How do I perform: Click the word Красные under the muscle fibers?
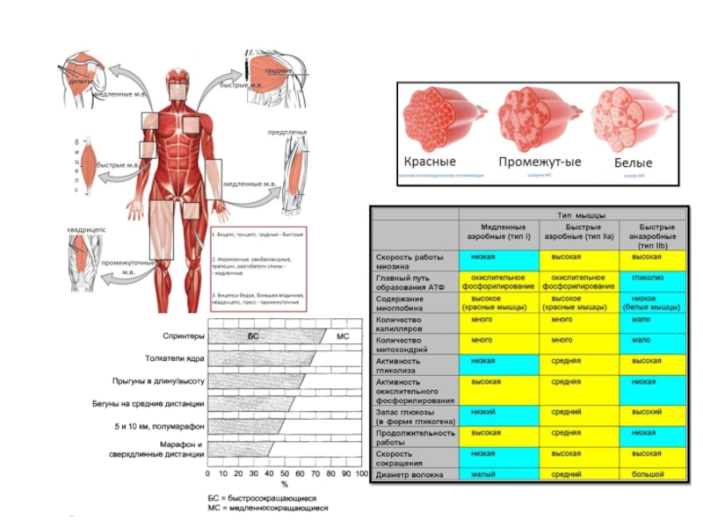pos(430,162)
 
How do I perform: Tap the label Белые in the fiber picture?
pos(633,162)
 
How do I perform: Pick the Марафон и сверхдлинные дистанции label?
pos(170,450)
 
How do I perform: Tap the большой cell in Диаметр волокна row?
pos(648,474)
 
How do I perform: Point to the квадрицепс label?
pos(85,230)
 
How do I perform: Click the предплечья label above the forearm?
pos(287,133)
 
